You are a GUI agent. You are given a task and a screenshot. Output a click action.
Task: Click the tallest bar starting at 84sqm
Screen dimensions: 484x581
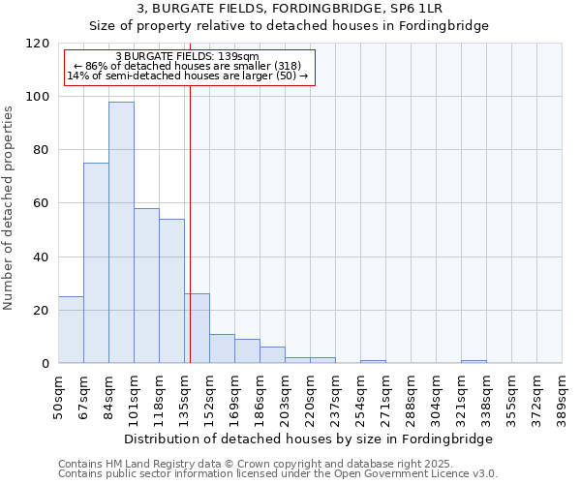coord(121,232)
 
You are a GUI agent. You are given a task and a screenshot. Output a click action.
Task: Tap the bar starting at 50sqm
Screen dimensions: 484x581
coord(71,329)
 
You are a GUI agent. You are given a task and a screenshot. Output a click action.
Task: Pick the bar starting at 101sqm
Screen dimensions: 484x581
coord(146,286)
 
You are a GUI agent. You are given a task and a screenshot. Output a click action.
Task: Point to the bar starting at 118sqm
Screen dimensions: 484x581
coord(171,290)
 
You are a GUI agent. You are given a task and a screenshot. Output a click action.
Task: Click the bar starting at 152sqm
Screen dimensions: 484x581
coord(222,348)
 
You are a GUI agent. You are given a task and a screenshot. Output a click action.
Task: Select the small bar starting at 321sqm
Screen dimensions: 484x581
coord(474,361)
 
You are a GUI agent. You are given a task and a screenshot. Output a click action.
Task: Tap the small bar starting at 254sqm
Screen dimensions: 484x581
coord(373,361)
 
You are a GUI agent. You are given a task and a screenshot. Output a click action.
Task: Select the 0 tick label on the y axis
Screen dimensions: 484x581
coord(46,364)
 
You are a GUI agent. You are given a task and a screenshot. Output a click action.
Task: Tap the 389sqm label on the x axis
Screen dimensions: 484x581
coord(563,397)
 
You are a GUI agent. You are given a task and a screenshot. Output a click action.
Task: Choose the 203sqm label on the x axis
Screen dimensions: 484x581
coord(286,397)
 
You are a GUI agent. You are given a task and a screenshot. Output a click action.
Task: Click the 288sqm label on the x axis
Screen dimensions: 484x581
coord(412,397)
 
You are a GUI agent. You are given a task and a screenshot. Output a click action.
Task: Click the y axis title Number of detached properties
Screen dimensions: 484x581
coord(9,208)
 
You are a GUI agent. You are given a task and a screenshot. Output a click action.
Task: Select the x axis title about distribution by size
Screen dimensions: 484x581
coord(309,439)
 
